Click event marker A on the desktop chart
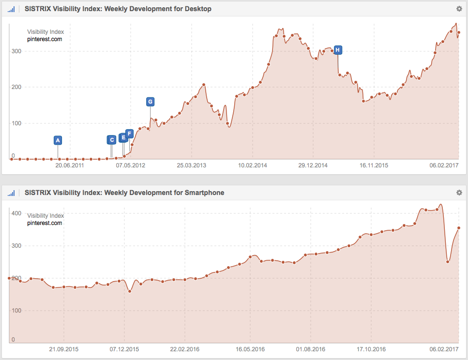[x=58, y=140]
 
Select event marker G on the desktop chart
[x=151, y=102]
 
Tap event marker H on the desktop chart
[x=338, y=50]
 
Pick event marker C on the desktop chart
[x=112, y=140]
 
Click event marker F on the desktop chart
[x=129, y=134]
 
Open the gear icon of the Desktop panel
[x=459, y=9]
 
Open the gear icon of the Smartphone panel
[x=459, y=193]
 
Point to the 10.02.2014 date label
[x=253, y=165]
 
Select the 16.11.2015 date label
[x=374, y=165]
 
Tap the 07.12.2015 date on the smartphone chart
[x=124, y=349]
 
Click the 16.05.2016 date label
[x=250, y=349]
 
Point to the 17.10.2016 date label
[x=371, y=349]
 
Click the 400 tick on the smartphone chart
[x=15, y=213]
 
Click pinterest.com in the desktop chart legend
[x=45, y=39]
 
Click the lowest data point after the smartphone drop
[x=448, y=262]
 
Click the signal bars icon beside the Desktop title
[x=12, y=9]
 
